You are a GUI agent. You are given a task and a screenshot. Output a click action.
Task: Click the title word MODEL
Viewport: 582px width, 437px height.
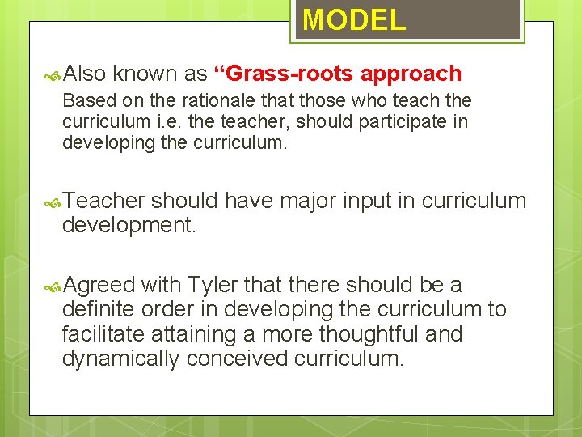click(x=354, y=19)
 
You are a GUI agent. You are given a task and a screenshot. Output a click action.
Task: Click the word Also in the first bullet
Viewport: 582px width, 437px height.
click(x=84, y=74)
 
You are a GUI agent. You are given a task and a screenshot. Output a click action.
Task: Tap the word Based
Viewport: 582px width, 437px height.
click(x=86, y=101)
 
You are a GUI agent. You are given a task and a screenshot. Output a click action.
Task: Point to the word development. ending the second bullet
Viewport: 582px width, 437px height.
click(x=129, y=224)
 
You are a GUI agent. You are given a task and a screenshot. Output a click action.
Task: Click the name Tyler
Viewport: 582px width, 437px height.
click(x=213, y=285)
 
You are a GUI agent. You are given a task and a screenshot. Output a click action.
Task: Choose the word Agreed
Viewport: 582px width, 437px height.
click(x=99, y=285)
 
